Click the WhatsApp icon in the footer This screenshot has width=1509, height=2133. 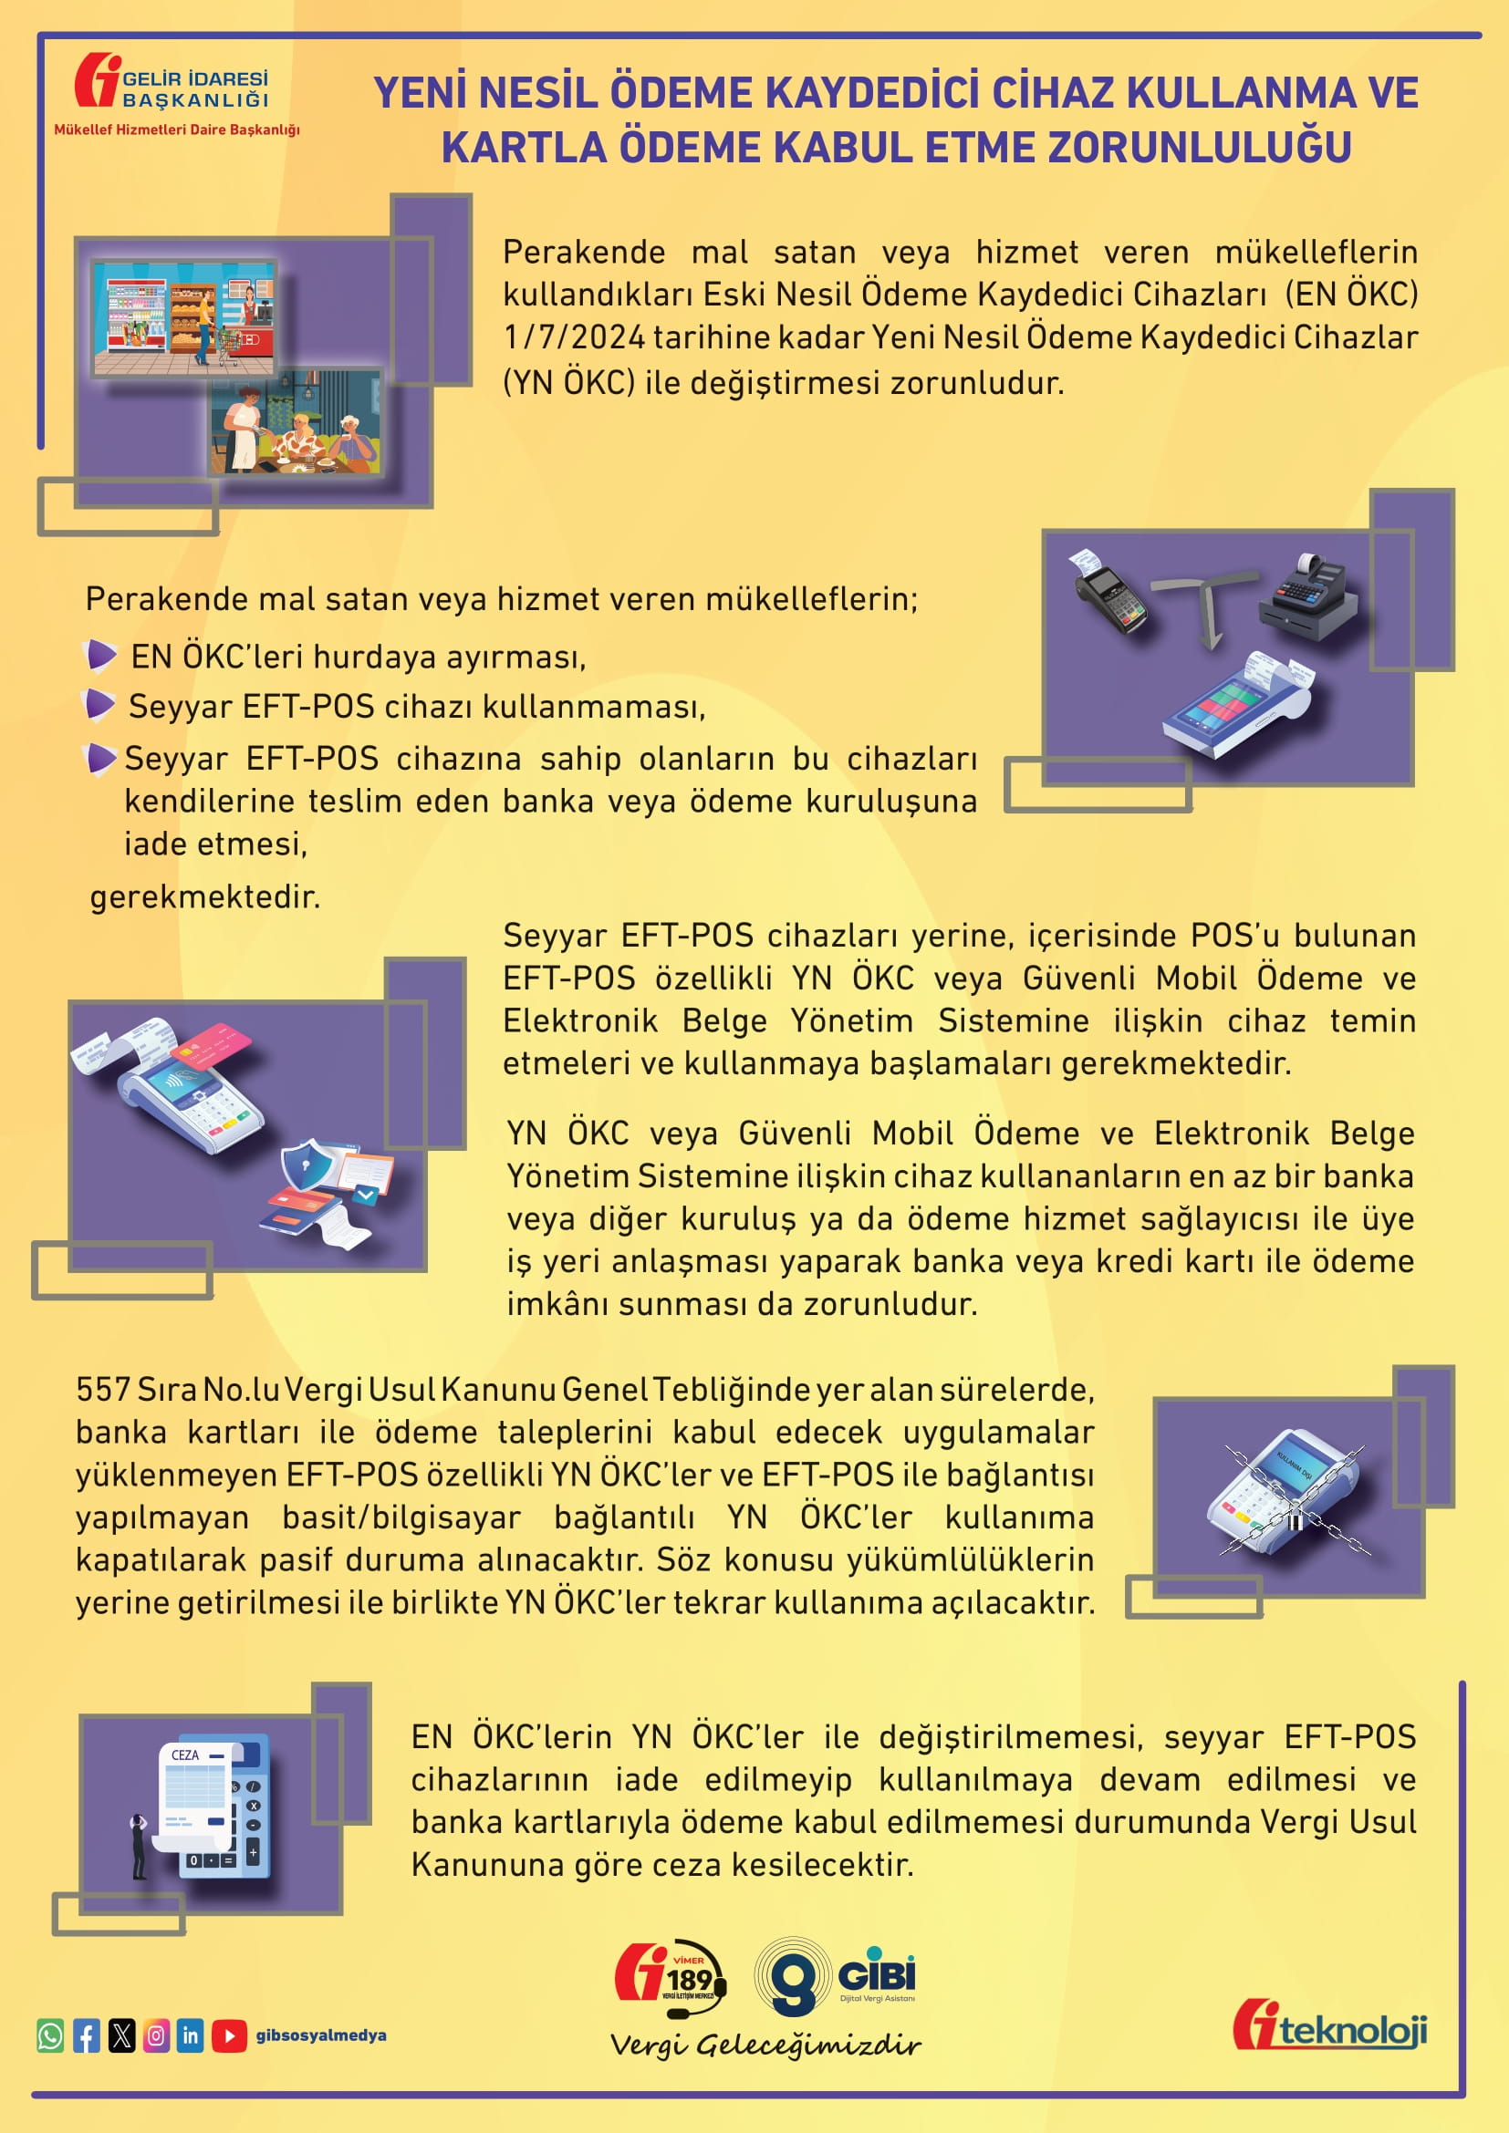point(50,2035)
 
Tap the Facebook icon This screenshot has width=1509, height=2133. point(87,2035)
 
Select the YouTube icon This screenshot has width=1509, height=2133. point(229,2035)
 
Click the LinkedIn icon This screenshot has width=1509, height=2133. point(191,2035)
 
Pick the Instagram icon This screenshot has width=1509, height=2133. point(156,2035)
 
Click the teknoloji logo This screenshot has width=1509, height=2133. point(1329,2026)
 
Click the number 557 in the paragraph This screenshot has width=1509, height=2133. point(103,1390)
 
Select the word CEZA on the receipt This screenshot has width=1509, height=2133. point(185,1755)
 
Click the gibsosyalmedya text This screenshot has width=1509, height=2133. point(320,2035)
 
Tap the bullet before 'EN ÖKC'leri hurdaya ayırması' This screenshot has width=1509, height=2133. point(99,654)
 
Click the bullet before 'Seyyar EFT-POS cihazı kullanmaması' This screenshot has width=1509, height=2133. point(99,704)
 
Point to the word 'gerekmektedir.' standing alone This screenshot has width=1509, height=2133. point(204,897)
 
